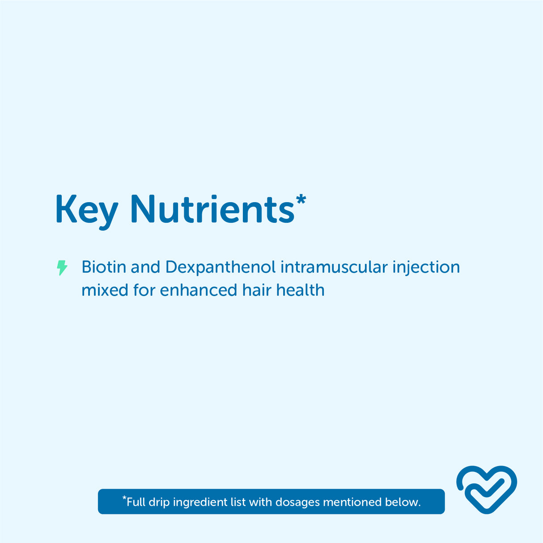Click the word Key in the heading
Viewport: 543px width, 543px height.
tap(87, 212)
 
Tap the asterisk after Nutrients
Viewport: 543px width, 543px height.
tap(301, 199)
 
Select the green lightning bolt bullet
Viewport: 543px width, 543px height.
tap(62, 267)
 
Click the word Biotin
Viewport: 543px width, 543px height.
tap(104, 267)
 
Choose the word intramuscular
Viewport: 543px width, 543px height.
tap(334, 267)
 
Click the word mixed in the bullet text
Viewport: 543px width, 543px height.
tap(105, 290)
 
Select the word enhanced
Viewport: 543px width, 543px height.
tap(199, 290)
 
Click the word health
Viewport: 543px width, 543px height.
tap(300, 290)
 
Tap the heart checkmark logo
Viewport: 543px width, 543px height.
tap(486, 489)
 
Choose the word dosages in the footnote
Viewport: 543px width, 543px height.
tap(297, 503)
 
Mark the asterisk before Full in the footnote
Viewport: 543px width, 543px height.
tap(124, 498)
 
